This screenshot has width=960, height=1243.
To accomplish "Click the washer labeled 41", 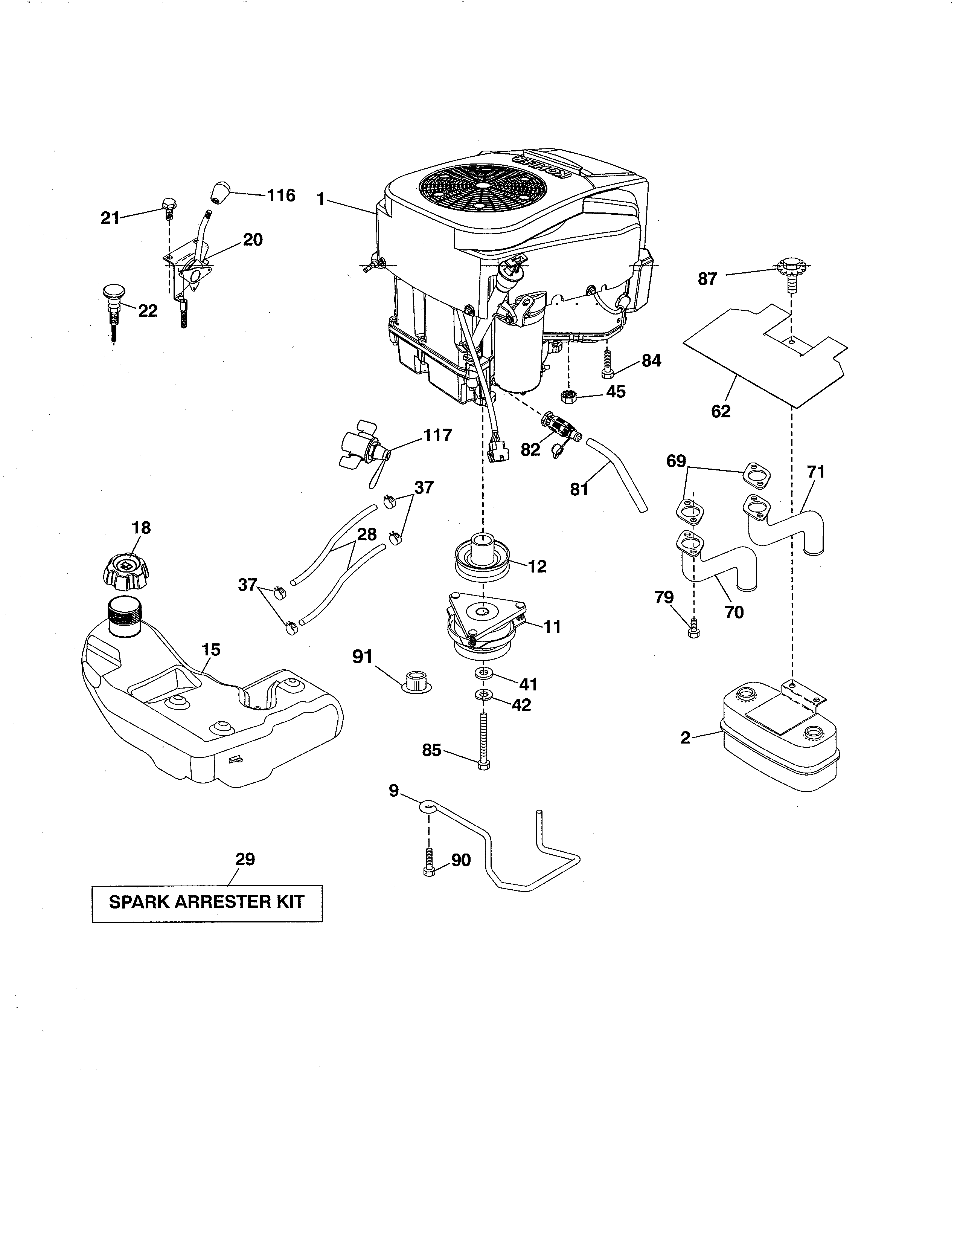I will [483, 674].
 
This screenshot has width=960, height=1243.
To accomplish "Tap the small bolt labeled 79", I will [693, 629].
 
